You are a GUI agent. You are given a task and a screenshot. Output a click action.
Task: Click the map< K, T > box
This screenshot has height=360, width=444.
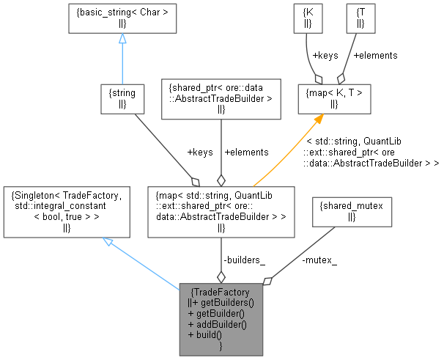(333, 98)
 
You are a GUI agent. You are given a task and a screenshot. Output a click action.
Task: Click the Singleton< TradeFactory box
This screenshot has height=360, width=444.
(67, 211)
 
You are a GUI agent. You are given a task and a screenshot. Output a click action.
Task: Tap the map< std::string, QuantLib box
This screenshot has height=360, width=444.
(221, 211)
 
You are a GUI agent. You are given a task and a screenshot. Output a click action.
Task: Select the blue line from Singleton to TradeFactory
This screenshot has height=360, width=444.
(147, 264)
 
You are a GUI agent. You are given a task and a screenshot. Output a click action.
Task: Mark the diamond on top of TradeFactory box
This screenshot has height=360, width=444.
(221, 276)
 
